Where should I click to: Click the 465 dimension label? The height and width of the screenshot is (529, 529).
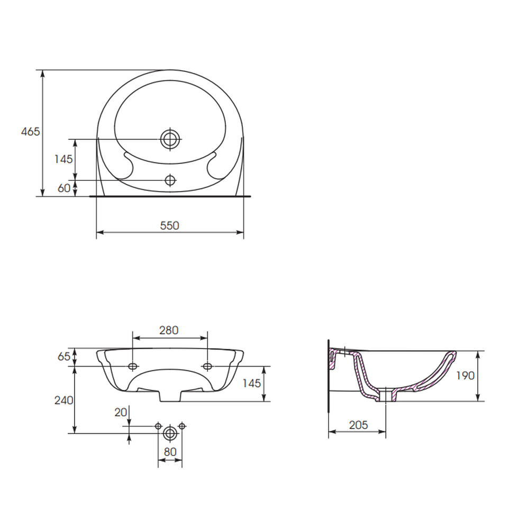coord(30,131)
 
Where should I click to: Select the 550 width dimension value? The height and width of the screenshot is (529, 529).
coord(169,225)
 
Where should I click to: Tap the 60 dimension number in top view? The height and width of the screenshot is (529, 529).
coord(64,188)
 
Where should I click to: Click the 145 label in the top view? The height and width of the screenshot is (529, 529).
coord(63,159)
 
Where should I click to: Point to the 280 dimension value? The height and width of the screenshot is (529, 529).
coord(169,330)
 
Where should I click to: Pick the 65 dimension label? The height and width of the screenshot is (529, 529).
coord(64,356)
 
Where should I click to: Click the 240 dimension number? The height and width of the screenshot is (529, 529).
coord(64,400)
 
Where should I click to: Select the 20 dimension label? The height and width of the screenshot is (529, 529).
coord(121,412)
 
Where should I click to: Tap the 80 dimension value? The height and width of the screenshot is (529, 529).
coord(170,451)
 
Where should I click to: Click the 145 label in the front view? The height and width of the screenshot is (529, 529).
coord(252,383)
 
